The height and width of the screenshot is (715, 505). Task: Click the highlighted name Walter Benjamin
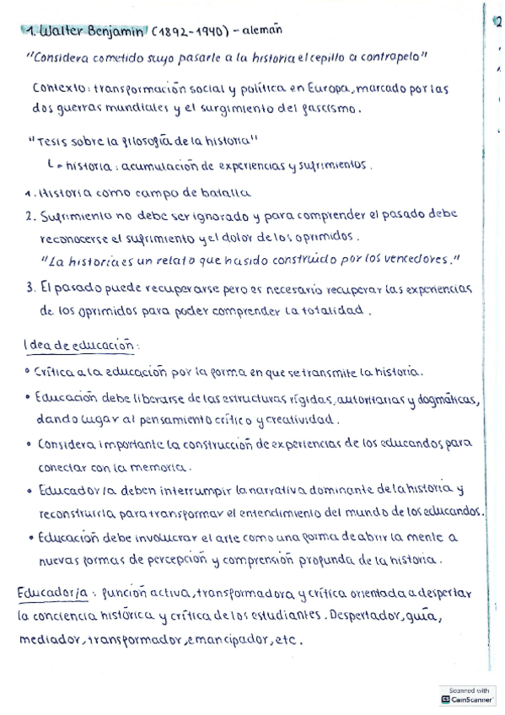click(x=88, y=31)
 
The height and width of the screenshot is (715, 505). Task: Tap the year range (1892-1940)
click(x=191, y=31)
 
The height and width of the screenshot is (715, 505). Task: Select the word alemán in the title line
click(x=263, y=30)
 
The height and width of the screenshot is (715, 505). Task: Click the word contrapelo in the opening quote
click(x=387, y=57)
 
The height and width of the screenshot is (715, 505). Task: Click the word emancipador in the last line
click(x=231, y=640)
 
